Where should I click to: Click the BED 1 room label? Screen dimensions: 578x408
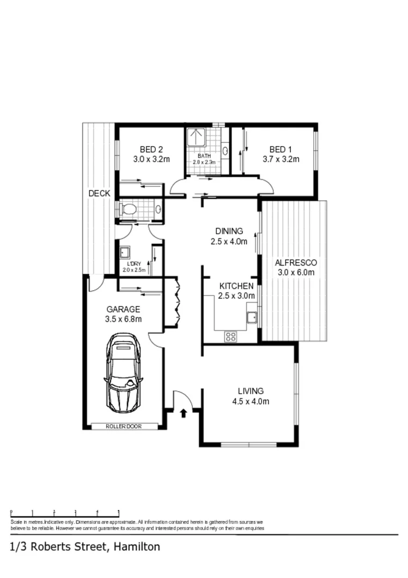[x=281, y=149]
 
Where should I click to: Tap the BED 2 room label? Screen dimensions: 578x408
[x=151, y=149]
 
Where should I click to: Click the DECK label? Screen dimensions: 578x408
[x=99, y=194]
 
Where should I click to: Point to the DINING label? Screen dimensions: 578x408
[x=229, y=231]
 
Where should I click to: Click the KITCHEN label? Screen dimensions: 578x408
[x=236, y=286]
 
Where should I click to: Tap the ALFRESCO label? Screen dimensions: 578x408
[x=296, y=262]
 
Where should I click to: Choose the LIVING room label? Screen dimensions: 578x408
[x=251, y=391]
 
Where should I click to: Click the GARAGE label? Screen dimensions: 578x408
[x=123, y=309]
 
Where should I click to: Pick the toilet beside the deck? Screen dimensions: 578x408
[x=129, y=209]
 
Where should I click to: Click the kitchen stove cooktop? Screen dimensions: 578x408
[x=230, y=336]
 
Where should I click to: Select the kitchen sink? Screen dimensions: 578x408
[x=252, y=317]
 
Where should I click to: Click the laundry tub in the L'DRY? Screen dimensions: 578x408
[x=124, y=252]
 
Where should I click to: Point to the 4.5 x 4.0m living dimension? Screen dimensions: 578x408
[x=251, y=402]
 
